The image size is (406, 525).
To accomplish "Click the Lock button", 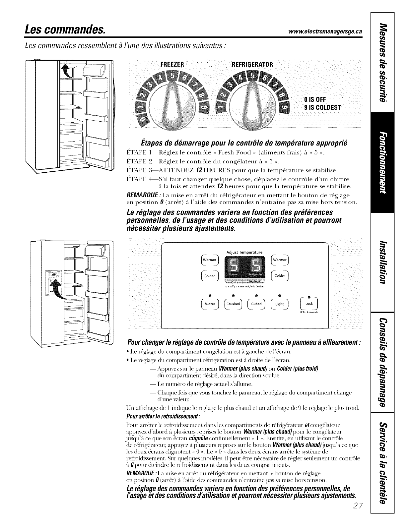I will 309,304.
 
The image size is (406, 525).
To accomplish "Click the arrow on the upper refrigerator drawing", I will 68,71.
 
